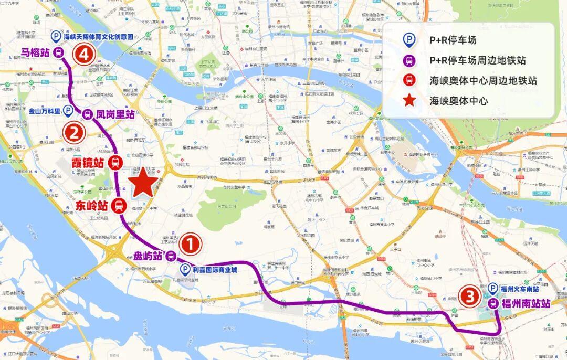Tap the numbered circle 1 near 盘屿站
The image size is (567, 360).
190,244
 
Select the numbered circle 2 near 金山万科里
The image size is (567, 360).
73,133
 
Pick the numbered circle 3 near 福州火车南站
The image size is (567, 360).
470,297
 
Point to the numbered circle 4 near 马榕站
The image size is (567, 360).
83,55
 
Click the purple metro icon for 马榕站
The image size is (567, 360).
58,52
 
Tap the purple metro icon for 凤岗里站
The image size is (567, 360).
87,114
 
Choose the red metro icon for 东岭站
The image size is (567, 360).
118,206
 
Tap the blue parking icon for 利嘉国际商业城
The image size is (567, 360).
185,270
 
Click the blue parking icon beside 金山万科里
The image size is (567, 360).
68,111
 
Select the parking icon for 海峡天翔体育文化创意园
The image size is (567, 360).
56,37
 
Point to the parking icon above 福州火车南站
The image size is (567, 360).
493,288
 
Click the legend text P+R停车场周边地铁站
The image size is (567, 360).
477,60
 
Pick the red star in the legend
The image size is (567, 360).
409,100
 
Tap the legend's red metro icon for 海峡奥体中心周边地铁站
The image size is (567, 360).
409,80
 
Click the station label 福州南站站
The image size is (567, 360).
526,303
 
